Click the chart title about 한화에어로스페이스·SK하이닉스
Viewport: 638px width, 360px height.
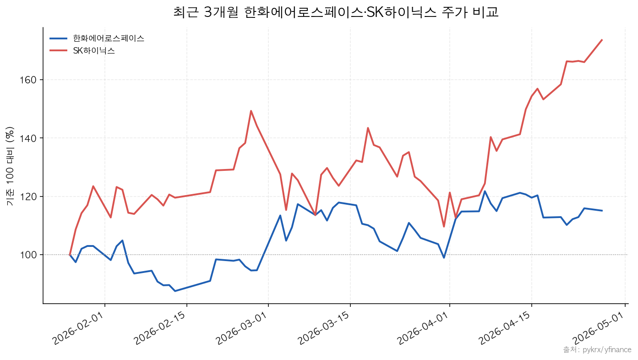pos(336,12)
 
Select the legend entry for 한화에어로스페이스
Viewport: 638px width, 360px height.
pos(109,38)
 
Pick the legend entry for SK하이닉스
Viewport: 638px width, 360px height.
pos(94,51)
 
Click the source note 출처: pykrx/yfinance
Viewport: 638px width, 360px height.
pos(597,350)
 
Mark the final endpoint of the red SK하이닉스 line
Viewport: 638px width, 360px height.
pos(602,40)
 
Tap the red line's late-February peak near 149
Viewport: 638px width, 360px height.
pos(251,111)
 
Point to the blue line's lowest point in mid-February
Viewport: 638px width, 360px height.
pos(175,291)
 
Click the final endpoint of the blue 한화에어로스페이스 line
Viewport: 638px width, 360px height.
pos(602,211)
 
